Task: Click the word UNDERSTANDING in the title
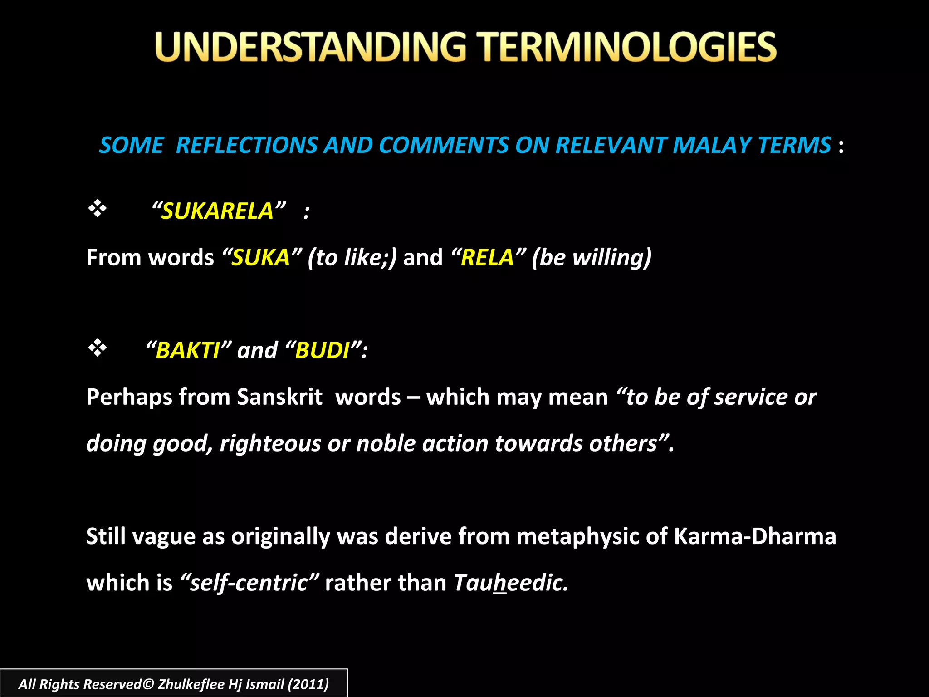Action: coord(310,47)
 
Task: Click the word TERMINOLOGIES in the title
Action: coord(628,47)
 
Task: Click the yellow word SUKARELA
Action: coord(217,211)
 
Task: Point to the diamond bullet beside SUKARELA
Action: coord(97,209)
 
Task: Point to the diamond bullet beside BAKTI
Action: coord(97,348)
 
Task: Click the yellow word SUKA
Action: coord(261,258)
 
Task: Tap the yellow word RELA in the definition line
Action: coord(487,258)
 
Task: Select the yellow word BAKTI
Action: coord(188,351)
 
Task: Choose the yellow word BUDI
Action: coord(322,351)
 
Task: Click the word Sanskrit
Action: coord(279,397)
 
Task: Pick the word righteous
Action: coord(270,443)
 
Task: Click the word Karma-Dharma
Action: coord(755,536)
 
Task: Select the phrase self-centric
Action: coord(249,583)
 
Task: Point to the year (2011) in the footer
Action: coord(308,684)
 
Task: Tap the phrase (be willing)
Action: coord(592,258)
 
